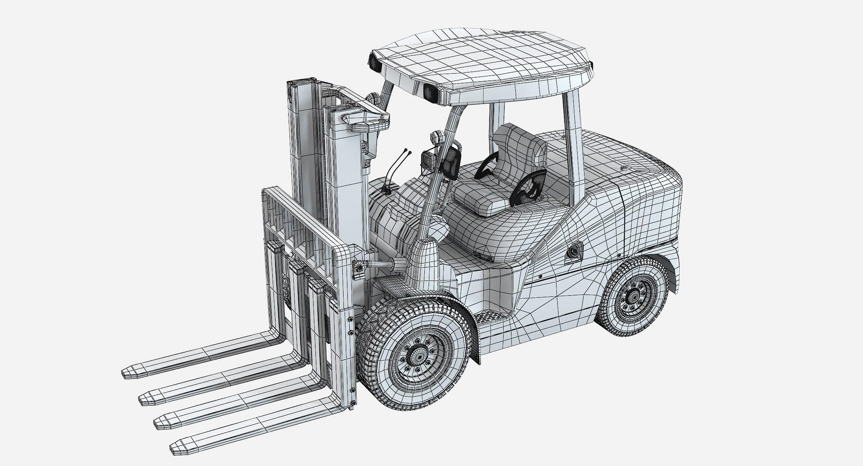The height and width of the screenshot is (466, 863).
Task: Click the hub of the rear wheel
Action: pyautogui.click(x=634, y=296)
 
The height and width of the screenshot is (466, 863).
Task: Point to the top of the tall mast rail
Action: pyautogui.click(x=298, y=85)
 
